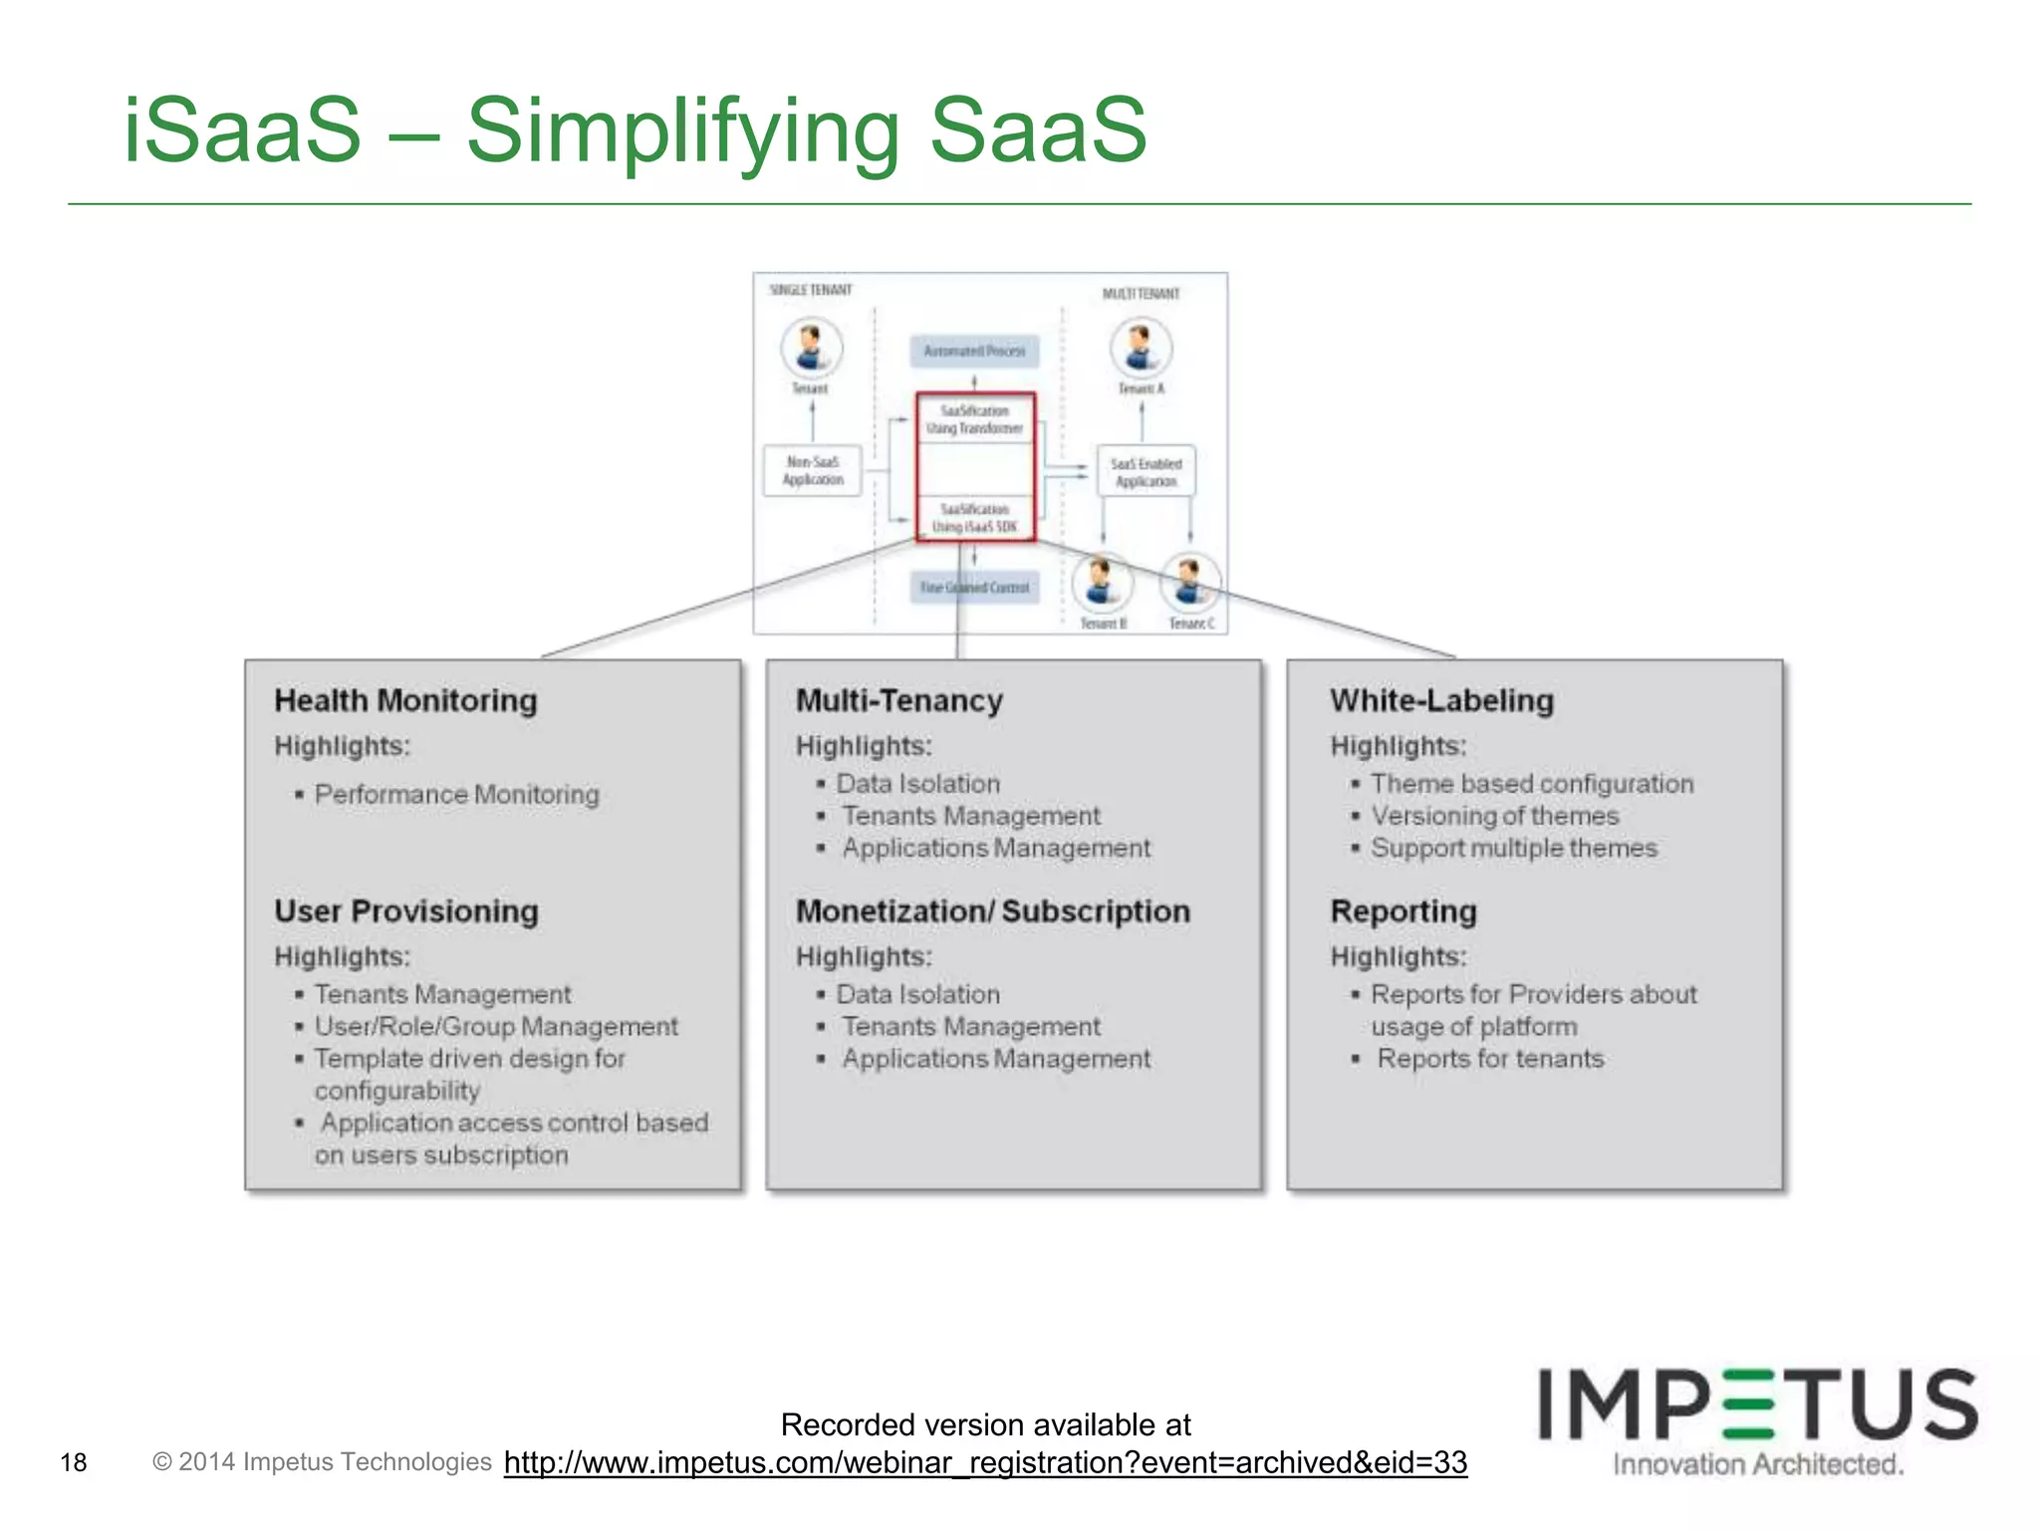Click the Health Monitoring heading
(x=405, y=700)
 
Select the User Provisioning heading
(x=406, y=911)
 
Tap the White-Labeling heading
(x=1441, y=700)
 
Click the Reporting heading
(x=1403, y=911)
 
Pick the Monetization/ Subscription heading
(x=992, y=911)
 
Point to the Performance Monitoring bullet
(x=456, y=795)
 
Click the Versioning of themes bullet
(x=1494, y=816)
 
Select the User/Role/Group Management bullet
(x=496, y=1026)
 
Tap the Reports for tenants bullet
(x=1490, y=1059)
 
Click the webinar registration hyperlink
(x=985, y=1462)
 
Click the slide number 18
(x=74, y=1462)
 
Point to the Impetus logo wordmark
(x=1757, y=1404)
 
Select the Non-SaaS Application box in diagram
(x=813, y=470)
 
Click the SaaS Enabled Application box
(x=1146, y=472)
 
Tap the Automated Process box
(x=973, y=351)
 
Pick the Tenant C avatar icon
(x=1190, y=582)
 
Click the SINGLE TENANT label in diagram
(x=811, y=290)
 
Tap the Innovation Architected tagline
(x=1758, y=1464)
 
